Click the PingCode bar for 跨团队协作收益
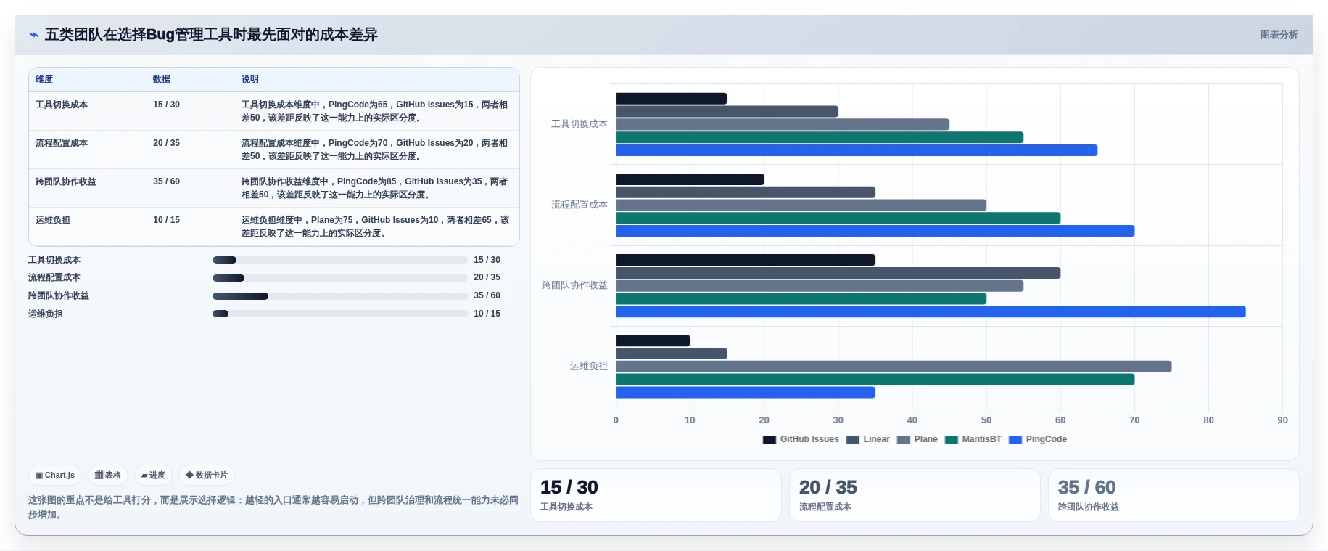point(931,312)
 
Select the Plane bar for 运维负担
point(894,367)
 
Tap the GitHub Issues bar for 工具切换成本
point(672,99)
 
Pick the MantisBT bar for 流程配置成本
point(838,218)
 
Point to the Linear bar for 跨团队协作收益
point(838,273)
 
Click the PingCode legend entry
point(1038,439)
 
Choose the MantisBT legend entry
point(973,439)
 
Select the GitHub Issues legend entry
point(801,439)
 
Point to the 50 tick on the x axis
point(986,420)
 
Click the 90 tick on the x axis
point(1282,420)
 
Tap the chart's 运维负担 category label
point(588,366)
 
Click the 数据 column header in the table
point(162,79)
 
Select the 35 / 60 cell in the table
point(166,181)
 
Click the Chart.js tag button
point(55,476)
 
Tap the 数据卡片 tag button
point(207,476)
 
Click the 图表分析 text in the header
point(1279,35)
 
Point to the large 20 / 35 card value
point(828,487)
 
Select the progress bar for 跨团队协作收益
point(339,296)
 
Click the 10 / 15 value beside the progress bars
point(487,314)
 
